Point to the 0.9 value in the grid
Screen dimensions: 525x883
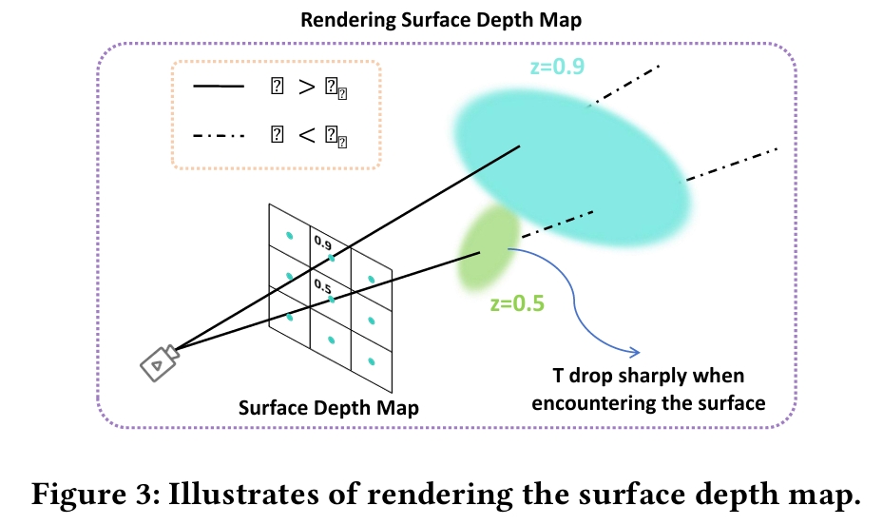(x=322, y=243)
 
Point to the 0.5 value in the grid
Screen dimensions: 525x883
(x=321, y=285)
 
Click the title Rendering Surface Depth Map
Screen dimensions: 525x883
(x=440, y=19)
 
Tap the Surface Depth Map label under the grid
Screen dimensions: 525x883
(x=329, y=408)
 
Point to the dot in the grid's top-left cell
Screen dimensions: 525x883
(x=289, y=235)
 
